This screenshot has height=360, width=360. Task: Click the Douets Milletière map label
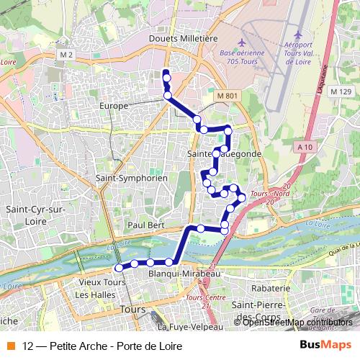(x=182, y=38)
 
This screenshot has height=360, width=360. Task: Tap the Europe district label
(x=114, y=105)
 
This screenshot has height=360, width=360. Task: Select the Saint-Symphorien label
(x=132, y=177)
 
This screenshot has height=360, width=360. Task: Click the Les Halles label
(x=91, y=294)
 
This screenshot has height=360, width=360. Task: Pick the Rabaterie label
(x=270, y=288)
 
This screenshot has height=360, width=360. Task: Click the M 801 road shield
(x=226, y=95)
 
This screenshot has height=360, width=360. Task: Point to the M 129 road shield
(x=341, y=91)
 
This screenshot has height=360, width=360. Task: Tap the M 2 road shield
(x=67, y=55)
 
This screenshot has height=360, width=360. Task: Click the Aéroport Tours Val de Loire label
(x=297, y=48)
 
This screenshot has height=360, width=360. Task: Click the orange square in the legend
(x=9, y=346)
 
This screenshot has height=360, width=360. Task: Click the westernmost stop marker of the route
(x=119, y=267)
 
